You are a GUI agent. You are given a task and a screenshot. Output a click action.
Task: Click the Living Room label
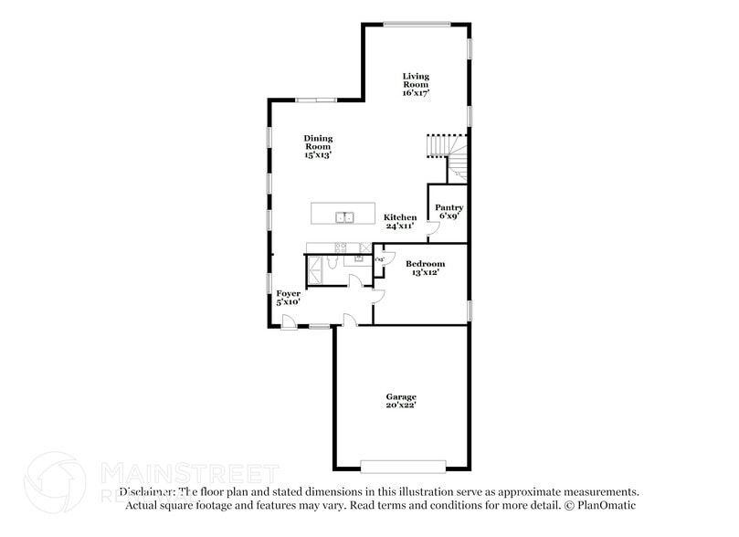pos(416,84)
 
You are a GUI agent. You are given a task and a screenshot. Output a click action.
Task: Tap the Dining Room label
pos(318,146)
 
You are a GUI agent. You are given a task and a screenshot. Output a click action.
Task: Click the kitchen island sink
pos(344,216)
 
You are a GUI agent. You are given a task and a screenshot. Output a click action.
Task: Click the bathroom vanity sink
pos(359,258)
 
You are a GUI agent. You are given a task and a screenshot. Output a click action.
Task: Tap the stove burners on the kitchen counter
pos(341,247)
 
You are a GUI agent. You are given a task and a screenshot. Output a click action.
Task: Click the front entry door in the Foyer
pos(288,321)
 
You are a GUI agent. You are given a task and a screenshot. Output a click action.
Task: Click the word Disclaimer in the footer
pos(147,491)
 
